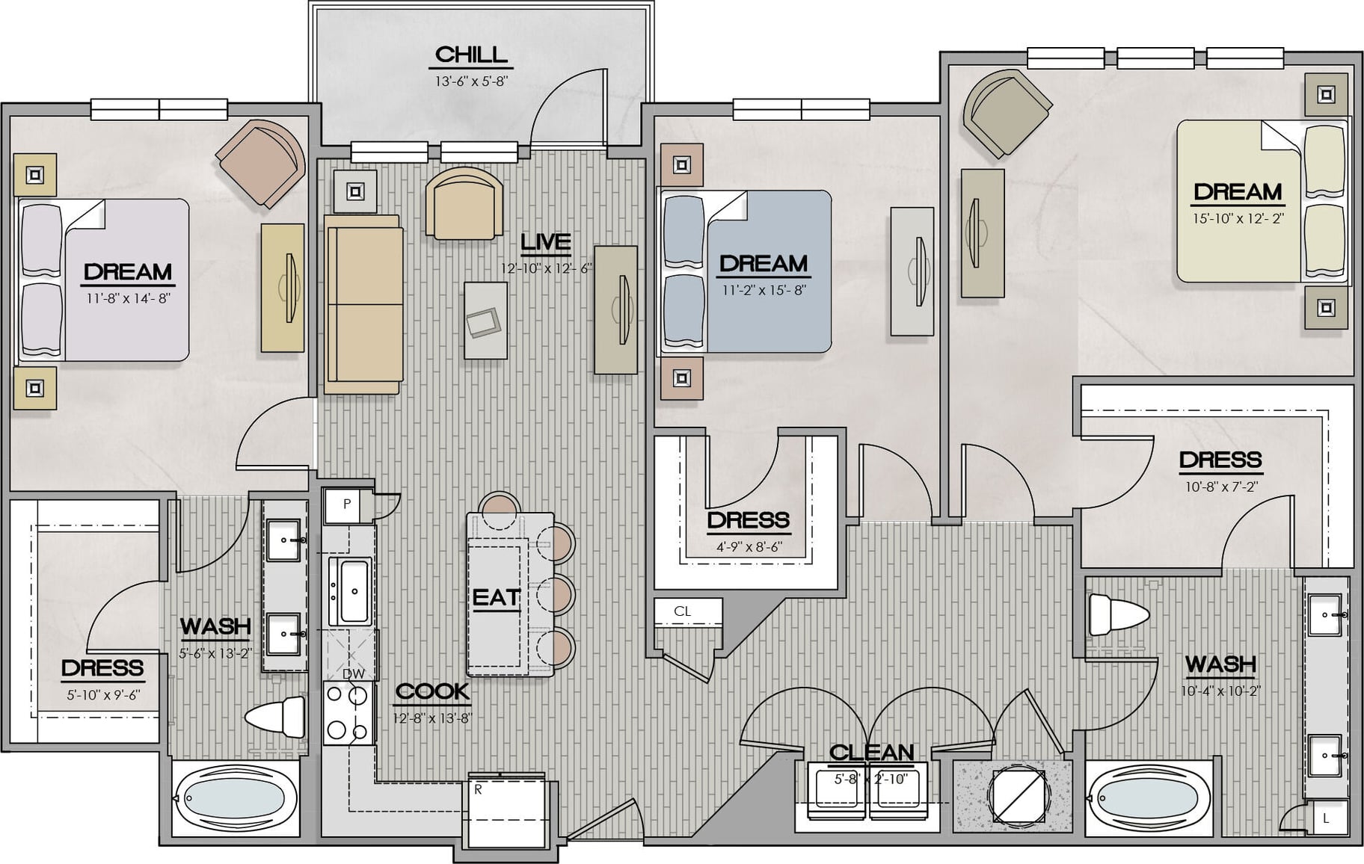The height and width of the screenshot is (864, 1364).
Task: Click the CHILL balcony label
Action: [471, 55]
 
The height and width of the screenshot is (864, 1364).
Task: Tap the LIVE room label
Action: [546, 242]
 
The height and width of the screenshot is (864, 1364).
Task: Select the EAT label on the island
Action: [496, 598]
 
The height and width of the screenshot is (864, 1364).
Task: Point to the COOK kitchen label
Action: [432, 691]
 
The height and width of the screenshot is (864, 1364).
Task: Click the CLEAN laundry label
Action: [872, 752]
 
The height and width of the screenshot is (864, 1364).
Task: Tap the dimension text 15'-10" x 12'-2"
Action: [1238, 219]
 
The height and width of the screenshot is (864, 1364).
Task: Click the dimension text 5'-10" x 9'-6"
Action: [103, 695]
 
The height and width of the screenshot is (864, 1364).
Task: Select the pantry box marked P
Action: [347, 505]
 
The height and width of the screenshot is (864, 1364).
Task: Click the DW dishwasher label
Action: [353, 673]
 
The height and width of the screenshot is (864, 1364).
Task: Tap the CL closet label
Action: [682, 611]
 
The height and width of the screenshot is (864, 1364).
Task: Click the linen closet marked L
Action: [1326, 818]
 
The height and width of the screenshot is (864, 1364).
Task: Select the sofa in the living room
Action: [363, 304]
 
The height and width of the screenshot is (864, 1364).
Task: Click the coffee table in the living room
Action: [486, 320]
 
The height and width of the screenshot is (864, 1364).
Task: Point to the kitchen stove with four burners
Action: [348, 713]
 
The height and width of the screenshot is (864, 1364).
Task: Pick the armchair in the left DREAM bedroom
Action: [262, 162]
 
